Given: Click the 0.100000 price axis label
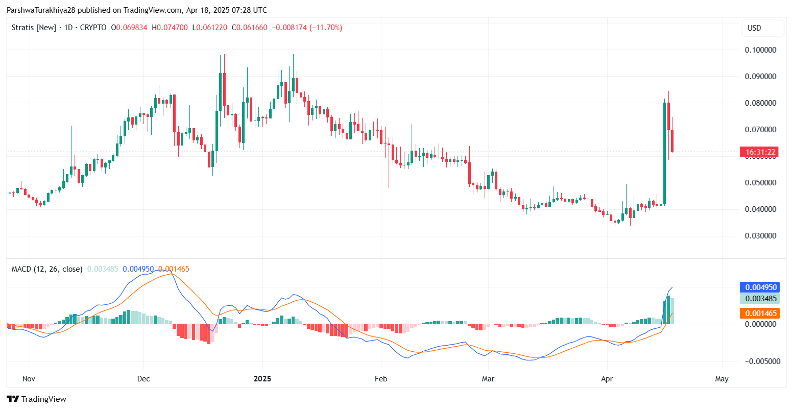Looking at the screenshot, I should tap(760, 50).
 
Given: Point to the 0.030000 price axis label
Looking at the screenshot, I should tap(760, 236).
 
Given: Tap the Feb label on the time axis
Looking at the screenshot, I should tap(381, 379).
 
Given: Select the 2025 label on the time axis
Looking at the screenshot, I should tap(262, 379).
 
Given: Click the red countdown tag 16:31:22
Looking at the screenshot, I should tap(760, 152).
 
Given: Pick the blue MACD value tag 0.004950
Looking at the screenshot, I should tap(760, 287).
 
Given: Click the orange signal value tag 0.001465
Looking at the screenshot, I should tap(760, 313).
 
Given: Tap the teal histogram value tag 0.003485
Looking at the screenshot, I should tap(760, 299).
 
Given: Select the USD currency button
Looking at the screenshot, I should tap(754, 28).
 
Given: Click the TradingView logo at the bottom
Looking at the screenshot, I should tap(37, 399).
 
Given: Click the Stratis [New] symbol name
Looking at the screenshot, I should tap(34, 28).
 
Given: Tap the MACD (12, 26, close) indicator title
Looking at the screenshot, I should tap(47, 269).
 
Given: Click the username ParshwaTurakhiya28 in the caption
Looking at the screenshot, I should tap(41, 10).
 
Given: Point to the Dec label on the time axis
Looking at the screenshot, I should tap(143, 379).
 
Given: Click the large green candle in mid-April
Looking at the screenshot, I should tap(665, 153).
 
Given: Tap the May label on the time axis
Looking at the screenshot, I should tap(722, 379).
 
